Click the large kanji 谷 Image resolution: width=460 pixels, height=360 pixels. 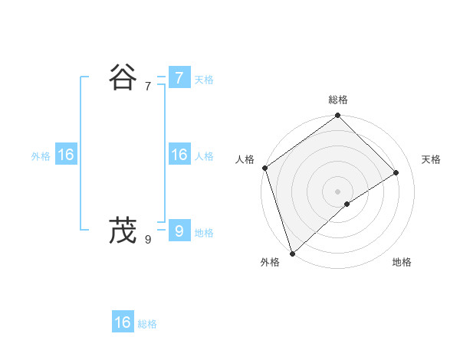point(123,77)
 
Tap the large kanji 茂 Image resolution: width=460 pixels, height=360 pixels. point(123,230)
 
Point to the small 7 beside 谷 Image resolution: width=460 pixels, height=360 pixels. point(148,87)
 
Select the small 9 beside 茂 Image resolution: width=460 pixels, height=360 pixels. point(148,239)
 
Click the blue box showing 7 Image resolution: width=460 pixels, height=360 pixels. point(179,77)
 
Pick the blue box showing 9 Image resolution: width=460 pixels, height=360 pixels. point(179,230)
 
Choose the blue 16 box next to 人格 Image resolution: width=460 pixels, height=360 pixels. point(179,155)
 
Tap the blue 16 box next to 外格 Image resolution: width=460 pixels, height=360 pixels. point(66,155)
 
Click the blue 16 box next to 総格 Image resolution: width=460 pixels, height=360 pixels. point(123,322)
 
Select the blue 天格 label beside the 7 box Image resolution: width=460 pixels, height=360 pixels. point(204,80)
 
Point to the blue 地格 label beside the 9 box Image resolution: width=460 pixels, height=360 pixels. point(204,233)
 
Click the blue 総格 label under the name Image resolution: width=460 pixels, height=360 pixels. point(147,325)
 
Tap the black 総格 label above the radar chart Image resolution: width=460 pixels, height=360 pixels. point(338,100)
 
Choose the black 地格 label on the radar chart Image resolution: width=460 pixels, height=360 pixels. point(402,262)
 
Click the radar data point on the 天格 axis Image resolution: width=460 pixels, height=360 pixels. point(396,172)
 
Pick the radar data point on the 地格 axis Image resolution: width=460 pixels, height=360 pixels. point(347,204)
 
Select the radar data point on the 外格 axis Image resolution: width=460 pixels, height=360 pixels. point(292,253)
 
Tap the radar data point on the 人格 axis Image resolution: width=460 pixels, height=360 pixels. point(264,168)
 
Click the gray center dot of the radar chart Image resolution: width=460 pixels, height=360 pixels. point(338,191)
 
